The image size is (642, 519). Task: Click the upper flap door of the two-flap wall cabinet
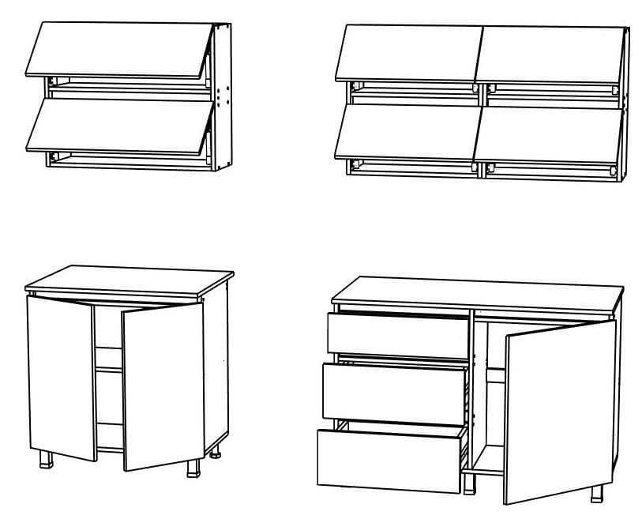pyautogui.click(x=118, y=49)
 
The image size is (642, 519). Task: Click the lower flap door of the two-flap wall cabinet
pyautogui.click(x=118, y=124)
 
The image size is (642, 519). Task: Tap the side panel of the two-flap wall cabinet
pyautogui.click(x=223, y=95)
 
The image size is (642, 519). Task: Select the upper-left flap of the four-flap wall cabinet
pyautogui.click(x=410, y=53)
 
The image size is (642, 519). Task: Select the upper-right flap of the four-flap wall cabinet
pyautogui.click(x=550, y=53)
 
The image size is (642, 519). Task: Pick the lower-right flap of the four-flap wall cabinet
pyautogui.click(x=548, y=134)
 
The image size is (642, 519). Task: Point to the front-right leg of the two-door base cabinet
pyautogui.click(x=193, y=468)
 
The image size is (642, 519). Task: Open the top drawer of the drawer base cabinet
pyautogui.click(x=398, y=334)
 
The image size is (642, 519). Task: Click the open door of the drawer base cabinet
pyautogui.click(x=560, y=411)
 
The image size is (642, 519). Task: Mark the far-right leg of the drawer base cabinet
pyautogui.click(x=597, y=492)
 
